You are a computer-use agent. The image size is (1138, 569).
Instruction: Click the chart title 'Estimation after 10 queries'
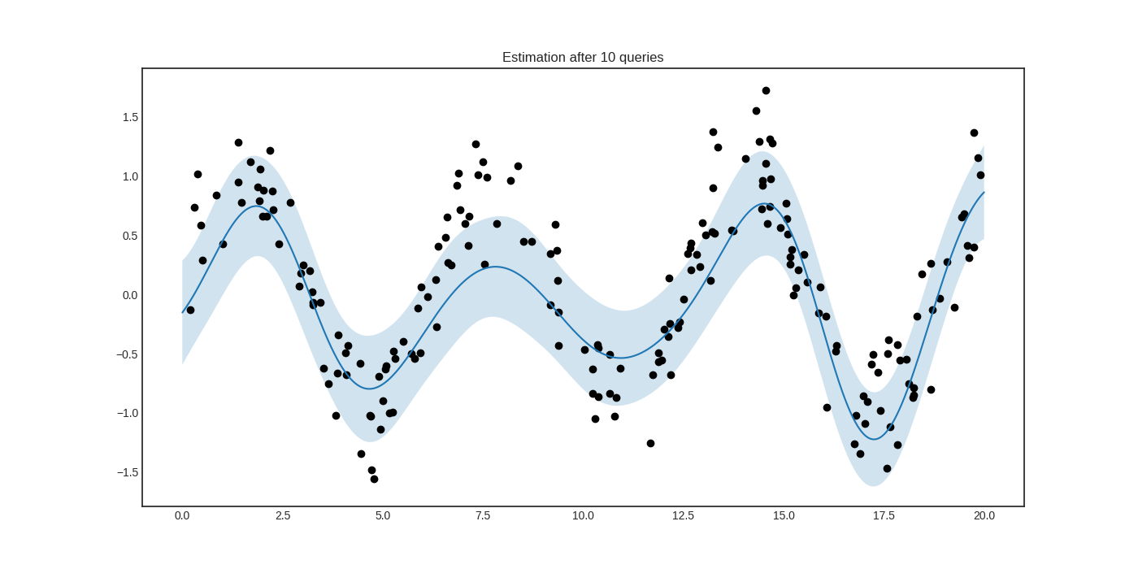pos(583,58)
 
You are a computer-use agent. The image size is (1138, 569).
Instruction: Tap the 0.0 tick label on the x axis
pos(182,515)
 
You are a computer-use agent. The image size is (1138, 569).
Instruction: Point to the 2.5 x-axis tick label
pos(283,515)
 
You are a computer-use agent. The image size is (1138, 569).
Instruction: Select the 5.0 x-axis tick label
pos(383,515)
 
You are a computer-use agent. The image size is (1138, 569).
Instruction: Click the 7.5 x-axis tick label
pos(483,515)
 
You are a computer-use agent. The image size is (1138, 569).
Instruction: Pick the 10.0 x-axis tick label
pos(583,515)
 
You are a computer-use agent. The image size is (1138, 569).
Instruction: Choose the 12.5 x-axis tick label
pos(683,515)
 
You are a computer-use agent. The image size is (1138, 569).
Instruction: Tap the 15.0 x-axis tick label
pos(784,515)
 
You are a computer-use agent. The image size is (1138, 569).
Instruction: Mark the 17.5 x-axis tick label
pos(884,515)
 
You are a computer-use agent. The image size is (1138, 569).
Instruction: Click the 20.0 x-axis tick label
pos(984,515)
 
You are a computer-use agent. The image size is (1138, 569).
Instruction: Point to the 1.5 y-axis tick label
pos(130,117)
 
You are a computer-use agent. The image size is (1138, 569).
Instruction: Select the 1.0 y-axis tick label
pos(130,176)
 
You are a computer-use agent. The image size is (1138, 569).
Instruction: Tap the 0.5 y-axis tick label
pos(130,236)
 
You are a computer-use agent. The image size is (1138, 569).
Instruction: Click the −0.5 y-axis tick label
pos(128,354)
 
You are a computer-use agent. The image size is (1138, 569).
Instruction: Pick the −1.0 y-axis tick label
pos(128,413)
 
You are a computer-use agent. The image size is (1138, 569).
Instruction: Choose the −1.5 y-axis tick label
pos(128,472)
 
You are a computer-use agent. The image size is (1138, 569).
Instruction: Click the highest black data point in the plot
pos(766,91)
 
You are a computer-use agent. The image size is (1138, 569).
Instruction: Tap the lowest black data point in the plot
pos(374,479)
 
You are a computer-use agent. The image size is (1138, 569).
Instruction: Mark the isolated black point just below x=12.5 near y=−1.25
pos(650,443)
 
